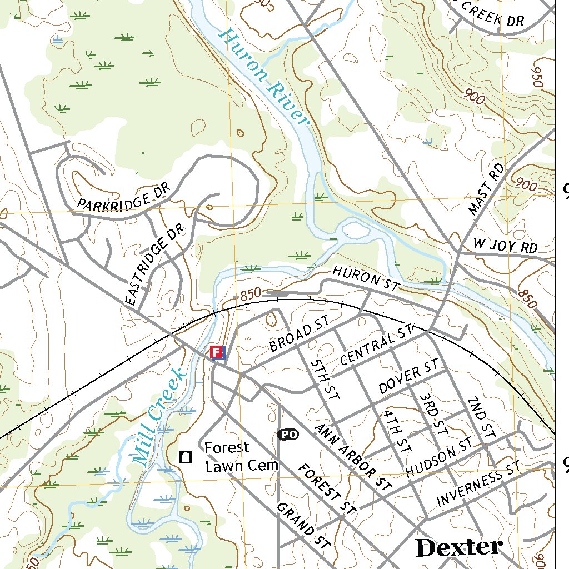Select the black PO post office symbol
[x=287, y=435]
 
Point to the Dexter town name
[x=459, y=547]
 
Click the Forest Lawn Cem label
[x=240, y=457]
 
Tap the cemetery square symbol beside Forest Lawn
[x=186, y=457]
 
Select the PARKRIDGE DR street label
[x=123, y=197]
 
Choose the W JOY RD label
[x=505, y=246]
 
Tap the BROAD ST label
[x=300, y=335]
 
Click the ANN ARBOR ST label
[x=352, y=457]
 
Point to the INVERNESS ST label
[x=478, y=484]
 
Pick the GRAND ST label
[x=303, y=526]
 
